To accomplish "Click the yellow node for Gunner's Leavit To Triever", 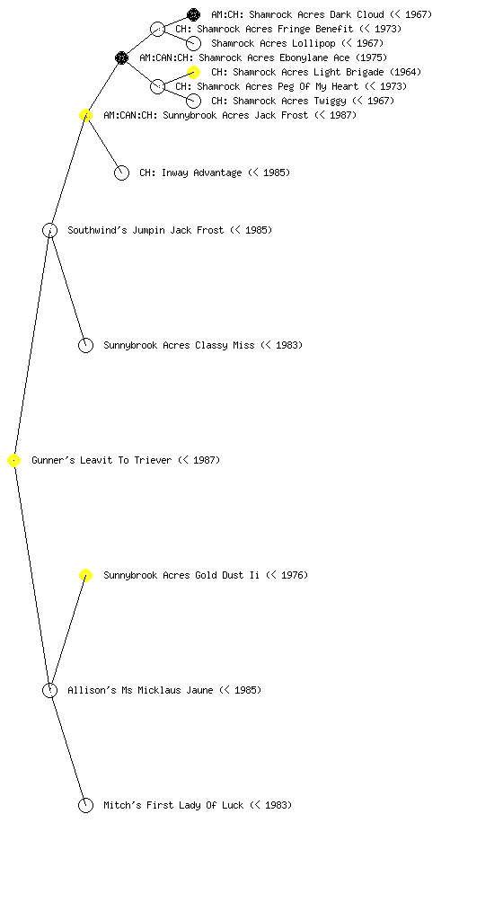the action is click(x=14, y=461).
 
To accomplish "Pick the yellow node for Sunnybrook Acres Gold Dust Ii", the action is click(x=85, y=576).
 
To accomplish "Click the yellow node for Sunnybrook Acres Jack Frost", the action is click(x=85, y=116).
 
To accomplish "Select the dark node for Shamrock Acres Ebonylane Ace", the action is click(x=121, y=58).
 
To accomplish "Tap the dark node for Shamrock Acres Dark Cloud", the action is click(x=193, y=14).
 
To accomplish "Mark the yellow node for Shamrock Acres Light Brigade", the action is click(x=193, y=72).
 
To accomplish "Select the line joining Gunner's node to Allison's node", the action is click(x=32, y=576).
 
